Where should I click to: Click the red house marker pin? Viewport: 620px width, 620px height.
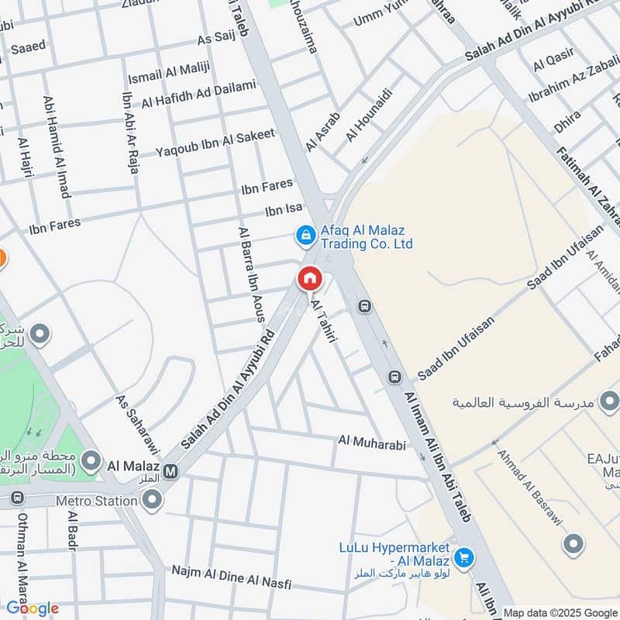pos(309,277)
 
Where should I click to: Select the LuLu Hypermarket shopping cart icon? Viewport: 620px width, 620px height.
pos(463,557)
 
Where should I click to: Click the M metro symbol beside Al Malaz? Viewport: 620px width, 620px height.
pos(170,470)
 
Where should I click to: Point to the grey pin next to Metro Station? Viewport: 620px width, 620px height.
pos(153,501)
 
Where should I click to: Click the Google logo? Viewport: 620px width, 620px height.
pos(33,608)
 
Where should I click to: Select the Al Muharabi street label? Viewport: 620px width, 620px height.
pos(372,440)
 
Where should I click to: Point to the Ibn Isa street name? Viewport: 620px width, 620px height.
pos(284,209)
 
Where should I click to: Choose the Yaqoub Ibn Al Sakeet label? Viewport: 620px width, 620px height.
pos(215,142)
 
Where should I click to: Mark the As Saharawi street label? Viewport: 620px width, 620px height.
pos(136,422)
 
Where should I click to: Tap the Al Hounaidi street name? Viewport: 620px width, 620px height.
pos(370,115)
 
